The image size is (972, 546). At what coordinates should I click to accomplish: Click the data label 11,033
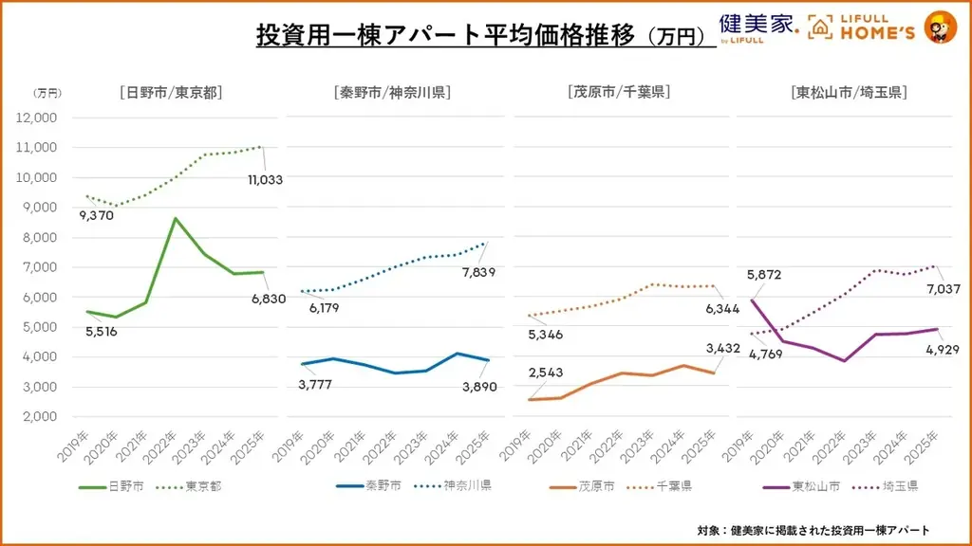tap(265, 179)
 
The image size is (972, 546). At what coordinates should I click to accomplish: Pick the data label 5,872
tap(765, 276)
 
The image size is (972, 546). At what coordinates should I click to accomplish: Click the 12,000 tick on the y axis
tap(38, 118)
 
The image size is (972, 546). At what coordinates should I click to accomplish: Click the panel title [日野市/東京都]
tap(172, 93)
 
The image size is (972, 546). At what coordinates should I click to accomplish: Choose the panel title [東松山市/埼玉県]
tap(849, 93)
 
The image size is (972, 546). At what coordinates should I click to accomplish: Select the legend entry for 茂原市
tap(579, 486)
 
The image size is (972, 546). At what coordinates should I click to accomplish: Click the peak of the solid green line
tap(174, 218)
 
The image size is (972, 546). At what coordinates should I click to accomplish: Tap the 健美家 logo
tap(757, 27)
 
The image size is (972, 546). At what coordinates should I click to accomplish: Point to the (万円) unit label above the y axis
tap(47, 93)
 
